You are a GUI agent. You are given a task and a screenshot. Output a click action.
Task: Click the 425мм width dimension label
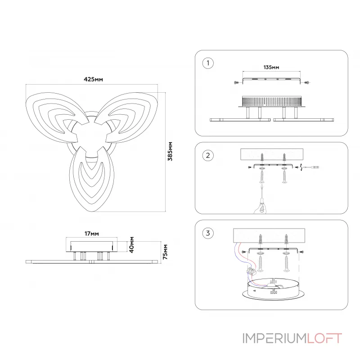93,79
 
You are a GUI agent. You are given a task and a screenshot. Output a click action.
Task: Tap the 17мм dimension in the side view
92,234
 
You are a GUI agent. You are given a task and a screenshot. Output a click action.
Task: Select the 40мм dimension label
131,245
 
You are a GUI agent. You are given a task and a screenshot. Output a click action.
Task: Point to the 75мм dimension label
166,252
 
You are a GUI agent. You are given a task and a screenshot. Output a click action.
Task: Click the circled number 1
207,63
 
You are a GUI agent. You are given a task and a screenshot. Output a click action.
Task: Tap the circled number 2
207,156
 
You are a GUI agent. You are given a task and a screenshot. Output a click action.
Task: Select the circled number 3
207,233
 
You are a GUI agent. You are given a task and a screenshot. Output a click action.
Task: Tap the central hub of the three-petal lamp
92,137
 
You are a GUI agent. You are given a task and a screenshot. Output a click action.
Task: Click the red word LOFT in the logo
324,338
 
